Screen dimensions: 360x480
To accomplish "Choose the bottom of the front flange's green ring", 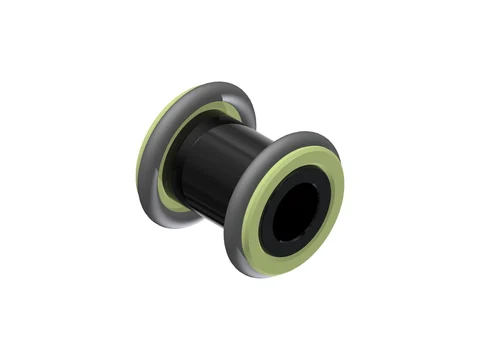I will [x=265, y=263].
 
